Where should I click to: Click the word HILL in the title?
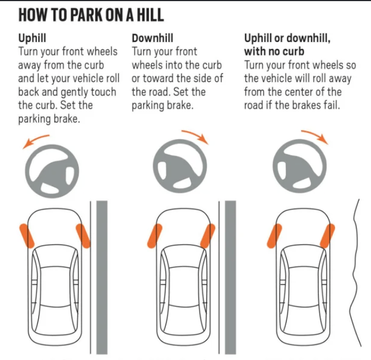click(x=151, y=15)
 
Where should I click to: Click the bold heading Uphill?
click(x=32, y=38)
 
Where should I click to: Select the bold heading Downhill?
click(x=152, y=38)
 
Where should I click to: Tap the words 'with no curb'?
click(x=274, y=52)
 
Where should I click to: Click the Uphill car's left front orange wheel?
click(x=27, y=236)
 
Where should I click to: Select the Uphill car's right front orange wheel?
click(x=83, y=236)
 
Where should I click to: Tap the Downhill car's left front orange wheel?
click(x=155, y=236)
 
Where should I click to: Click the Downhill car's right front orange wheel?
click(x=208, y=236)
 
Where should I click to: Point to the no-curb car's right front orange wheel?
click(x=327, y=236)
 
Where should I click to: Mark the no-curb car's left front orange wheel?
click(x=275, y=236)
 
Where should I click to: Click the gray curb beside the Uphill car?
click(x=102, y=278)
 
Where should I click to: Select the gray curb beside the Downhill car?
click(x=230, y=278)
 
